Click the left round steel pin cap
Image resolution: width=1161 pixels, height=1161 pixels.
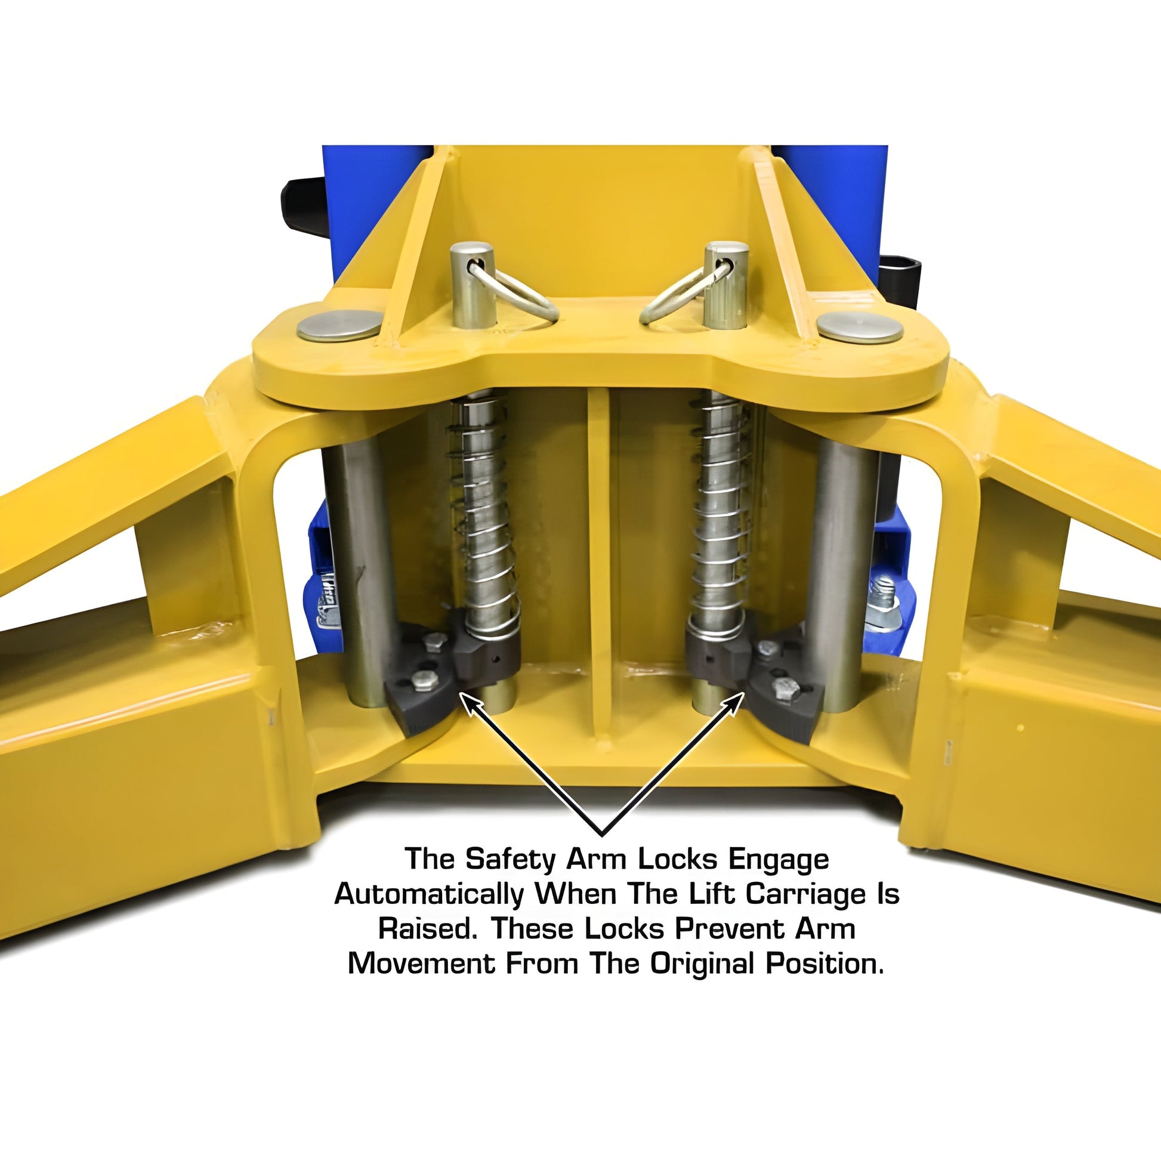(x=339, y=326)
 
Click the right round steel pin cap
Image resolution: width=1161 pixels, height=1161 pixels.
(x=860, y=328)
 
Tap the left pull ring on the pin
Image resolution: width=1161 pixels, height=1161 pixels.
(x=514, y=293)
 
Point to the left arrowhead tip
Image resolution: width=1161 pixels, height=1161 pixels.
(x=461, y=692)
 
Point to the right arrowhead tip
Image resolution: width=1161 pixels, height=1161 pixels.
(x=744, y=692)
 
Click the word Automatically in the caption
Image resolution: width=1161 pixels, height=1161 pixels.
(x=429, y=896)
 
